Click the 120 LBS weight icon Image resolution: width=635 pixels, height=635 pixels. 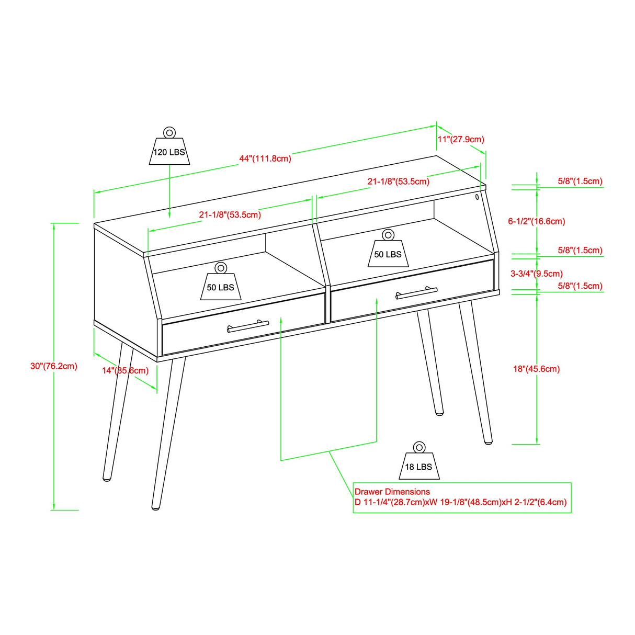click(x=169, y=149)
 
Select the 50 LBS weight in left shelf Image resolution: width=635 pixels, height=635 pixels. click(x=220, y=285)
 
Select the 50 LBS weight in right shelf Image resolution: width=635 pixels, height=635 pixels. click(x=388, y=252)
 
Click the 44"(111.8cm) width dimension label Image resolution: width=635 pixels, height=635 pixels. click(x=265, y=158)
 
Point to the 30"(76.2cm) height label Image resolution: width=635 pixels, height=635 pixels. click(x=54, y=366)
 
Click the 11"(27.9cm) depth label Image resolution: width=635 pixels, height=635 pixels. click(x=461, y=140)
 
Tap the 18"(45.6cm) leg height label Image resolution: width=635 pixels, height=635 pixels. click(x=536, y=369)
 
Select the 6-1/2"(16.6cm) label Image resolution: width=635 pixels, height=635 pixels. click(x=537, y=221)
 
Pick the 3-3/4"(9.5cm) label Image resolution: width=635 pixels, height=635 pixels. click(x=537, y=274)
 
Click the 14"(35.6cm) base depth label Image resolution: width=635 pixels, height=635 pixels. click(x=125, y=371)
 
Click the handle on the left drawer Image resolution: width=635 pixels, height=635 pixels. click(x=248, y=326)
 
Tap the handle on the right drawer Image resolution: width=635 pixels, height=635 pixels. click(x=416, y=293)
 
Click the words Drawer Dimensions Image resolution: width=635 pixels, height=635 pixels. click(x=392, y=492)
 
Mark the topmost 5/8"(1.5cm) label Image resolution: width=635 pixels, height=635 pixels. click(x=580, y=182)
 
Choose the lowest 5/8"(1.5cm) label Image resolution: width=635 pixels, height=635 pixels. click(x=580, y=286)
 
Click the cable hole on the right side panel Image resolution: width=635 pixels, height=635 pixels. click(x=478, y=197)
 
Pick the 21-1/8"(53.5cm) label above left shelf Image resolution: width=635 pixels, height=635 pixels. click(x=230, y=215)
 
